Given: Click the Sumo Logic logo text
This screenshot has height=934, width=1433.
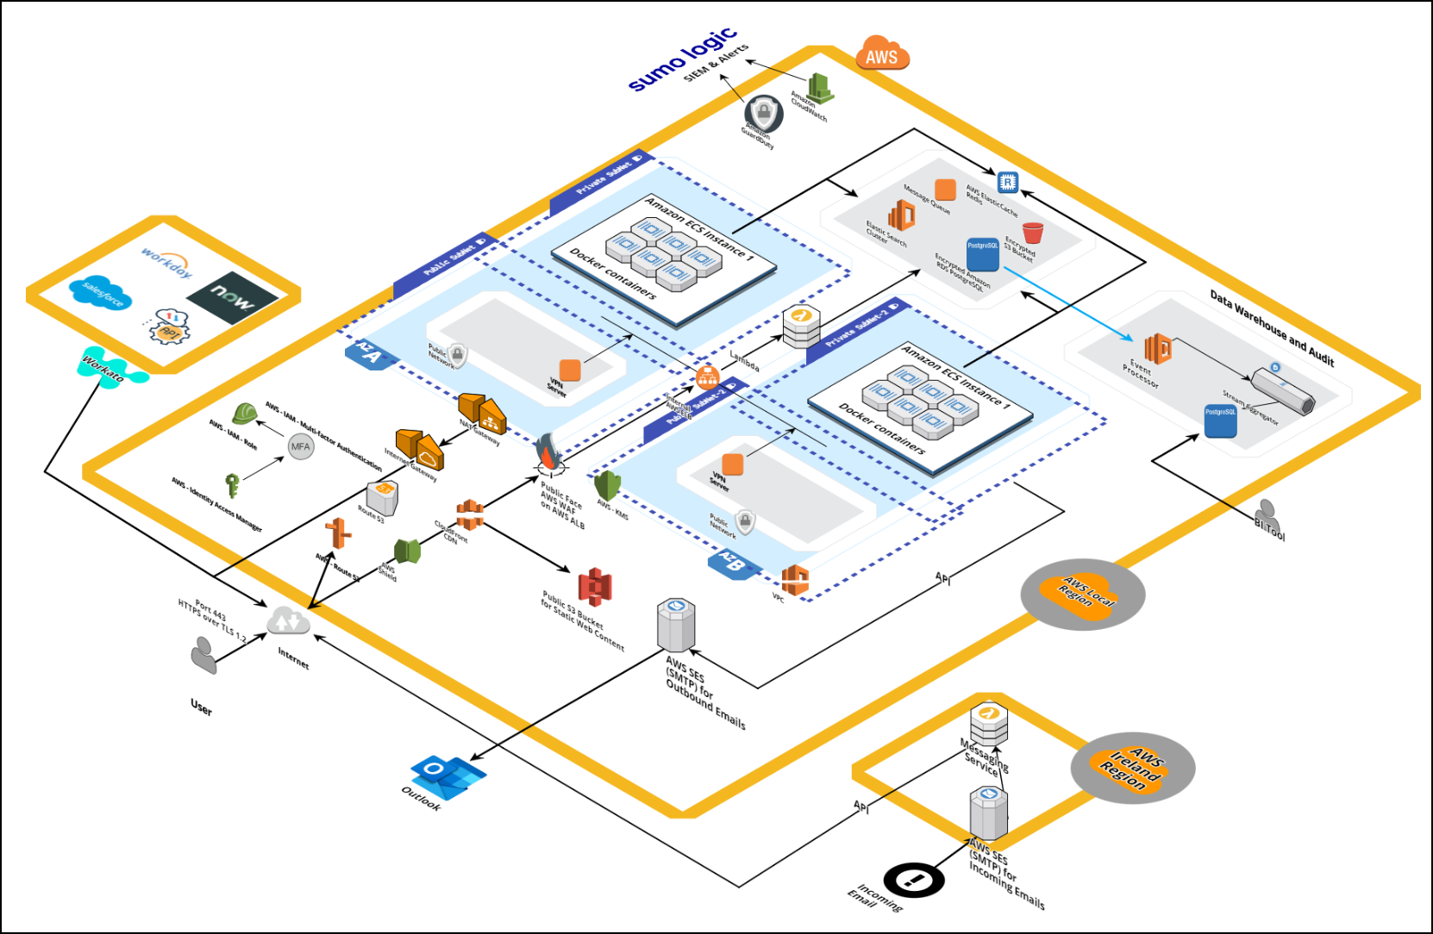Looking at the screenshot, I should pos(682,59).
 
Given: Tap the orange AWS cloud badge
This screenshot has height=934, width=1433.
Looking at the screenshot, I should pos(881,54).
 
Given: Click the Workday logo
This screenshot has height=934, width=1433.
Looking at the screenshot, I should pos(166,262).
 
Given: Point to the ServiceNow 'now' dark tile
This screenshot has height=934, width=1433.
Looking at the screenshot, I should pos(232,298).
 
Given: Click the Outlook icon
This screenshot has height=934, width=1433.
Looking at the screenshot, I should pos(446,773).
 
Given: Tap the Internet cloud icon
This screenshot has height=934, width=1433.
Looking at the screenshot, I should pos(287,620).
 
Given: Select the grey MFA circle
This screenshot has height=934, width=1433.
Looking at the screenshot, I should pos(300,446).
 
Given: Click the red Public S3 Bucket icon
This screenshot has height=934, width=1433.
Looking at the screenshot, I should pos(594,587).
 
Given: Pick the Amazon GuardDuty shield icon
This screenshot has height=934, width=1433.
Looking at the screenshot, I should pos(763,113).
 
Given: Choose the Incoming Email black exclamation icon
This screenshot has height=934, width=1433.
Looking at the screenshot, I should pos(914,880).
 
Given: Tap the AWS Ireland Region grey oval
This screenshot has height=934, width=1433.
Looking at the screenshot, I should pos(1132,769).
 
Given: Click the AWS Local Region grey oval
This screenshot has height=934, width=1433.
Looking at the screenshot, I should pos(1082,595).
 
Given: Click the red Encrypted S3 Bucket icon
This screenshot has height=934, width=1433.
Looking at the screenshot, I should pos(1032,233).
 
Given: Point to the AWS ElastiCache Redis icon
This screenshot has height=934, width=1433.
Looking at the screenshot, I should pos(1007,182).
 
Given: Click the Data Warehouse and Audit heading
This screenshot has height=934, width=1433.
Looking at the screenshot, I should pos(1271,328).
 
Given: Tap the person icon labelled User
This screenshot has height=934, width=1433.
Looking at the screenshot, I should pos(203,655).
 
